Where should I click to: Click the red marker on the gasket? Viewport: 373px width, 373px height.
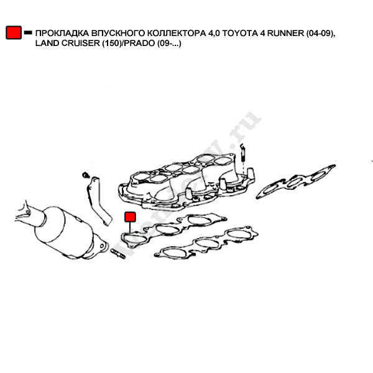coord(130,217)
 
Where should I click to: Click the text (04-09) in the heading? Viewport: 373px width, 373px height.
coord(321,33)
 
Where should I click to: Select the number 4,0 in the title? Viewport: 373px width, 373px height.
coord(213,33)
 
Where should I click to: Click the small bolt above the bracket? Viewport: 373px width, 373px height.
coord(86,172)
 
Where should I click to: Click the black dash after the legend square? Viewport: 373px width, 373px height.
coord(28,33)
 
